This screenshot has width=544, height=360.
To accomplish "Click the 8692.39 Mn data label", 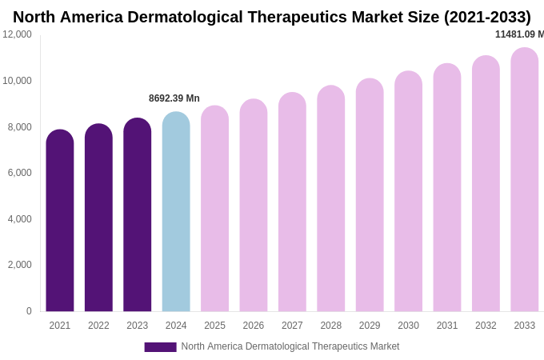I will pos(174,98).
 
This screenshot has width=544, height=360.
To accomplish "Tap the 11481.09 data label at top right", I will pos(518,34).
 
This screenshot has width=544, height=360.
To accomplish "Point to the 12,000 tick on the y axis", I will pos(17,34).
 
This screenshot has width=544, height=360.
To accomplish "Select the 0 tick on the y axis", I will pos(29,311).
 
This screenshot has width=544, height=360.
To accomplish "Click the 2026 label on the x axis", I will pos(254,326).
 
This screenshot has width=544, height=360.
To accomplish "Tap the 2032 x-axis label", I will pos(486,326).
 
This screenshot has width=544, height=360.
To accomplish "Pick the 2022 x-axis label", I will pos(98,326).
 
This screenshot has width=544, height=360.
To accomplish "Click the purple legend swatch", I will pos(160,347).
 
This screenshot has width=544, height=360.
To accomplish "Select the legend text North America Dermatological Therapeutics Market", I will pos(290,346).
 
